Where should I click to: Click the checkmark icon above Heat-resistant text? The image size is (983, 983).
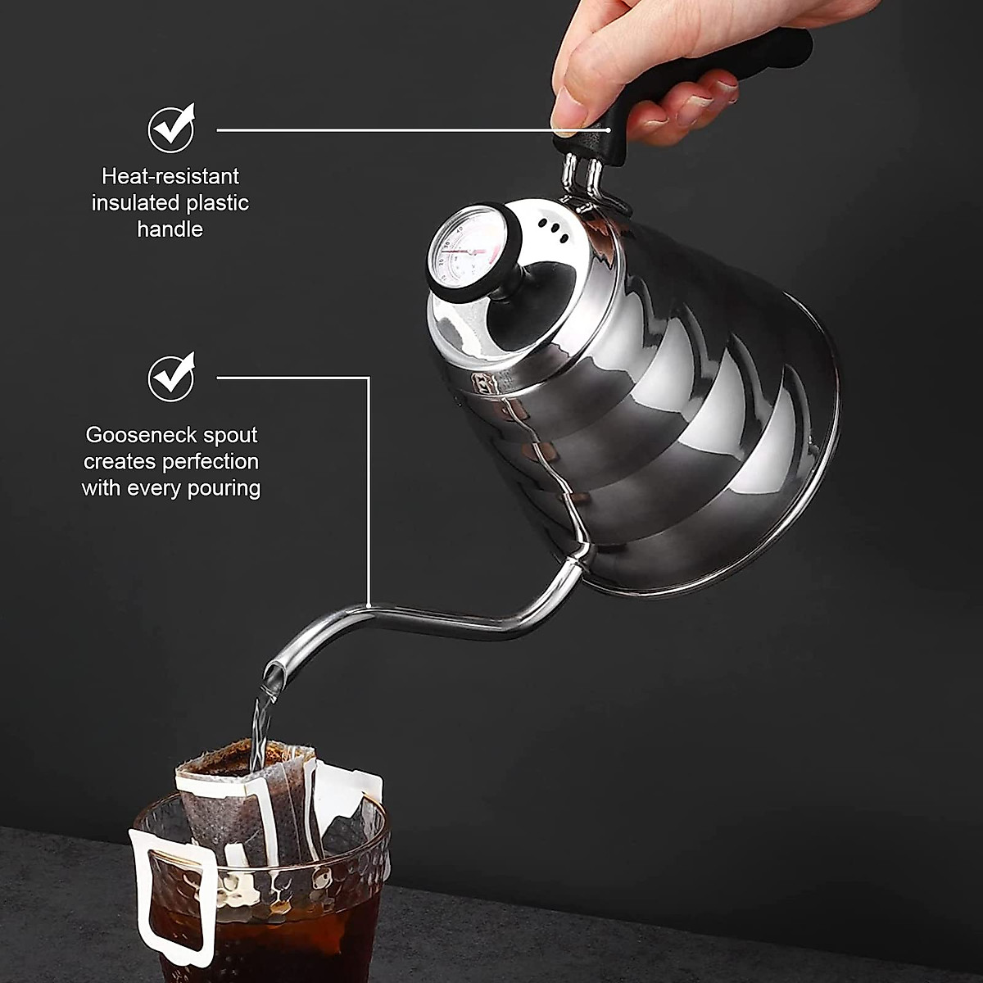[171, 129]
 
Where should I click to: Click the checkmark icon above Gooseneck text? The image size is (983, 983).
[171, 377]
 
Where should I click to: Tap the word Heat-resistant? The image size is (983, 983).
[170, 176]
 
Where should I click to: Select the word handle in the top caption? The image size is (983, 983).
[170, 229]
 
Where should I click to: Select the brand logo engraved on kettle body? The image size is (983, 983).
[482, 383]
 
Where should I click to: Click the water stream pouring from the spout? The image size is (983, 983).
[262, 721]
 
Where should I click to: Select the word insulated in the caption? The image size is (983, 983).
[136, 203]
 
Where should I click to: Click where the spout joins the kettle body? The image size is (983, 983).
[578, 561]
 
